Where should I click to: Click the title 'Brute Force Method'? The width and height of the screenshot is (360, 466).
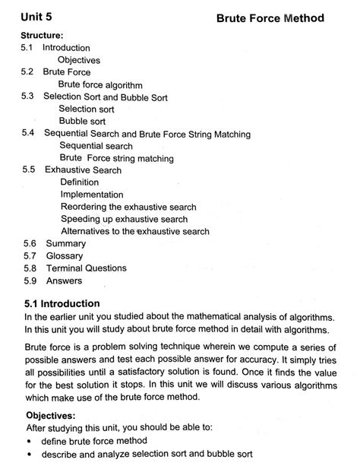270,17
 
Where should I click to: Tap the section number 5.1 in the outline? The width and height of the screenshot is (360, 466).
27,48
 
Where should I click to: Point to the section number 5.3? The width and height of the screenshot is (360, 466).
27,97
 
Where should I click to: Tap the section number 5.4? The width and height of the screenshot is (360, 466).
27,134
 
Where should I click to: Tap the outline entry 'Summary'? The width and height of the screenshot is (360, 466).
66,243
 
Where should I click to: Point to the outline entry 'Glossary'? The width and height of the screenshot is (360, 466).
65,255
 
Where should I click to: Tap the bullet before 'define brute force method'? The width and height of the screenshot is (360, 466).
29,441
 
